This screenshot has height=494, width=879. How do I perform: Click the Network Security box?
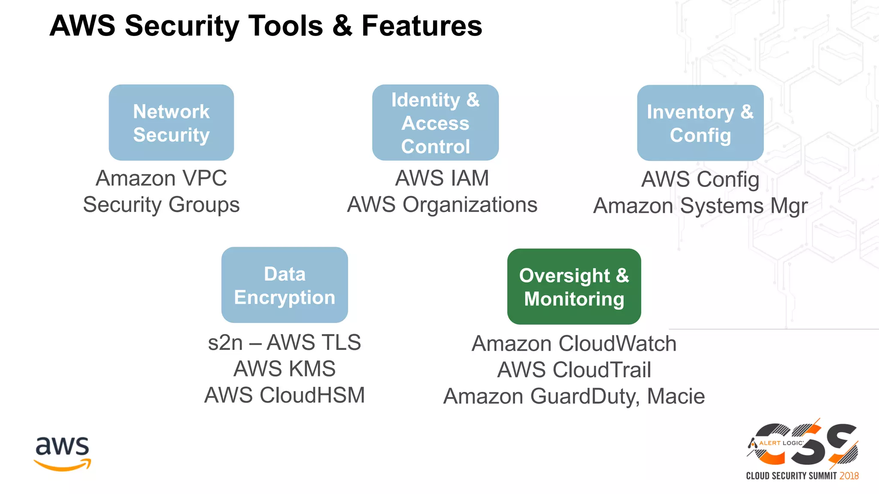[171, 123]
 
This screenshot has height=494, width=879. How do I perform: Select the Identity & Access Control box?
[435, 123]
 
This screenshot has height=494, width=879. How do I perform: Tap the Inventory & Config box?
[700, 123]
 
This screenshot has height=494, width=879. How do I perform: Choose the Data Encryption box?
[285, 285]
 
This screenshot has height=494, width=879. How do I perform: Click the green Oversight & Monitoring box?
[574, 286]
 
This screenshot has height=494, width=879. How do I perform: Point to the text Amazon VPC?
[161, 178]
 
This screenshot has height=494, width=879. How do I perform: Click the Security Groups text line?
[161, 205]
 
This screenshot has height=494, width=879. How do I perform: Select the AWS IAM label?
[442, 178]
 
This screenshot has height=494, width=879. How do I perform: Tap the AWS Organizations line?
[442, 205]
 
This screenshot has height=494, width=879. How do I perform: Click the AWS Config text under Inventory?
[700, 180]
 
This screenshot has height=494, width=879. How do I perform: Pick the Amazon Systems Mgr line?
[700, 206]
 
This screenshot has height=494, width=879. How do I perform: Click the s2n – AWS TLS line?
[285, 343]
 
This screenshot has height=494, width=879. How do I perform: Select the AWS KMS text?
[285, 369]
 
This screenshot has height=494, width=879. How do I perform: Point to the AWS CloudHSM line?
[285, 395]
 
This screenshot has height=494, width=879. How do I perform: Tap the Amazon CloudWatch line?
[574, 344]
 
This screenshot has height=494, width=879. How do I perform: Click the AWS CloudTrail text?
[574, 370]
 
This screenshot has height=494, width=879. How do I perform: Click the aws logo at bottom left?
[63, 454]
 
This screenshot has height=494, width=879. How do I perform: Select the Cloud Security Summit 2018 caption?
[802, 476]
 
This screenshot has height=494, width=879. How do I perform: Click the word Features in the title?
[422, 26]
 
